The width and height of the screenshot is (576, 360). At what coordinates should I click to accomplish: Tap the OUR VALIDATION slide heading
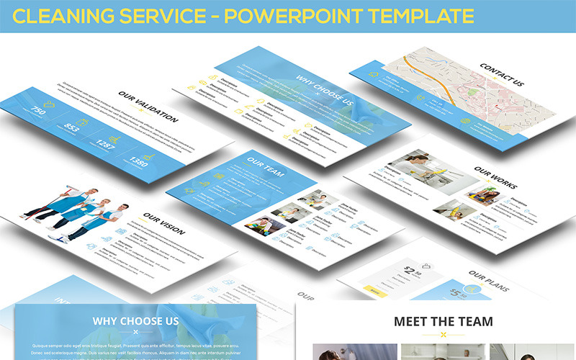(x=148, y=107)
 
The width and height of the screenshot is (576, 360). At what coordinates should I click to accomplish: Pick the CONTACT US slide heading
(x=502, y=75)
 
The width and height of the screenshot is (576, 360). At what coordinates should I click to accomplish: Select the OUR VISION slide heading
(x=163, y=223)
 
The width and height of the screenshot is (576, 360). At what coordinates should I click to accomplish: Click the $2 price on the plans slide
(x=411, y=271)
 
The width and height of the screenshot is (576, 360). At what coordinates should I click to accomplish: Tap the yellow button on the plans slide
(x=374, y=289)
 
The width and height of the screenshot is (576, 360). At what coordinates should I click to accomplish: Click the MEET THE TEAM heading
(x=443, y=321)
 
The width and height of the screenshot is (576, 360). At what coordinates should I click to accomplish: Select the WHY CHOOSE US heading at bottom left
(x=135, y=320)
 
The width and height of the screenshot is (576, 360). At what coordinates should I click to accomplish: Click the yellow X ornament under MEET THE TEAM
(x=443, y=335)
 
